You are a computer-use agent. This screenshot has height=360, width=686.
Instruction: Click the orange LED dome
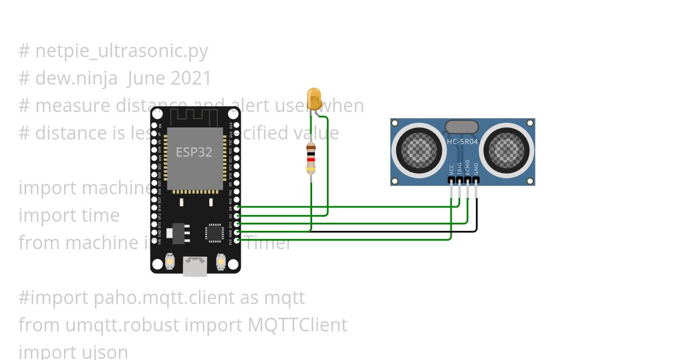click(x=314, y=98)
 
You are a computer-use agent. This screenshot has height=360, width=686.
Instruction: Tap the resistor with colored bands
click(x=311, y=158)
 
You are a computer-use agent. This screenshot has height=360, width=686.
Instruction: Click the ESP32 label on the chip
click(x=194, y=152)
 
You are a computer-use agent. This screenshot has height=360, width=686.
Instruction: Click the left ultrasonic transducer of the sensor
click(x=418, y=150)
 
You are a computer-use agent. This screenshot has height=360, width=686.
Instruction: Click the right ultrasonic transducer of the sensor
click(x=506, y=150)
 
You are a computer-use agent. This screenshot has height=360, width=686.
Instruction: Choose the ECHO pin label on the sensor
click(x=468, y=167)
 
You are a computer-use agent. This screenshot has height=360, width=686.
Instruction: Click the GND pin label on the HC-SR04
click(x=476, y=168)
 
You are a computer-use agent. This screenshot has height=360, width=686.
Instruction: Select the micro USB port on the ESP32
click(x=195, y=266)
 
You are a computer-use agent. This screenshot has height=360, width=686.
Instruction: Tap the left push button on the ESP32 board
click(x=170, y=262)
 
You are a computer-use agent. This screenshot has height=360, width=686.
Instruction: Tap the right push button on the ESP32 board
click(x=221, y=262)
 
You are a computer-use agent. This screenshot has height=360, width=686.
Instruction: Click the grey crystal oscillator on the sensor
click(x=461, y=127)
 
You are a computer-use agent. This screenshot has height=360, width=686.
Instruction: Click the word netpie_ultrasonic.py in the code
click(x=121, y=51)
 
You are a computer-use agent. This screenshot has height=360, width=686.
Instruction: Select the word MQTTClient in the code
click(x=297, y=325)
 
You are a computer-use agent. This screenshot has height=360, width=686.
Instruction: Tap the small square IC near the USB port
click(x=214, y=233)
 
